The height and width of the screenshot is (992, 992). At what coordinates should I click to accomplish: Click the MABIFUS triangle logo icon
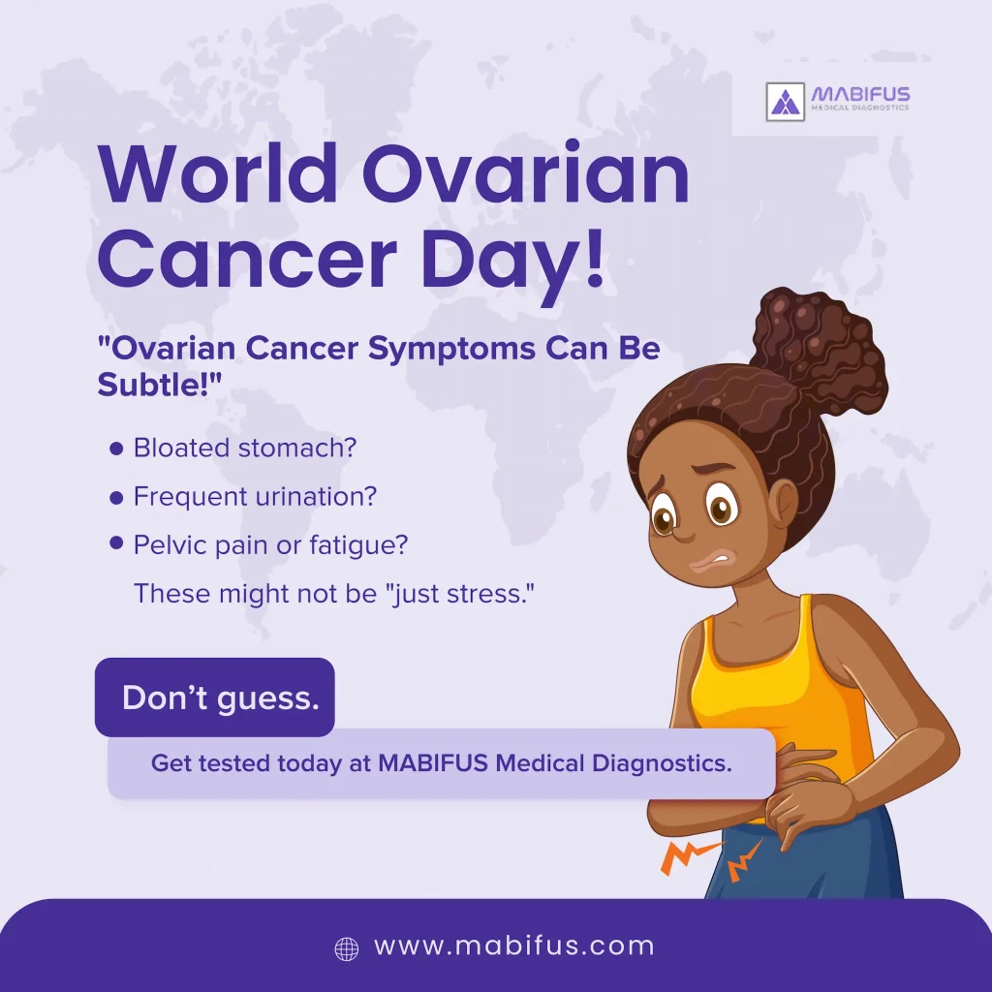[785, 101]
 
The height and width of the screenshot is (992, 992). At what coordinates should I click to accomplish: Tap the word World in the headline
[217, 173]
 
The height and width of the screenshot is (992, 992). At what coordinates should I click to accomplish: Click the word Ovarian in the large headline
[526, 173]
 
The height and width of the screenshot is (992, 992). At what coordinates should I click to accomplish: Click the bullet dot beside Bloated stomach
[116, 449]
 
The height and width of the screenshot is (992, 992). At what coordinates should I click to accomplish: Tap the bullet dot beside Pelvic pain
[116, 542]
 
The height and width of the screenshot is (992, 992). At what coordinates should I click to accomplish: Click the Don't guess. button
[214, 697]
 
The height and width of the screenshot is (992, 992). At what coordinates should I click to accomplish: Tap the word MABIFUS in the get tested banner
[433, 763]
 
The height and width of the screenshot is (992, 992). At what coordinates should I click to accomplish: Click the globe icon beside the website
[346, 949]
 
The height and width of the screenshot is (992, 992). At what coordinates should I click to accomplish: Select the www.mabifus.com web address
[514, 946]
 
